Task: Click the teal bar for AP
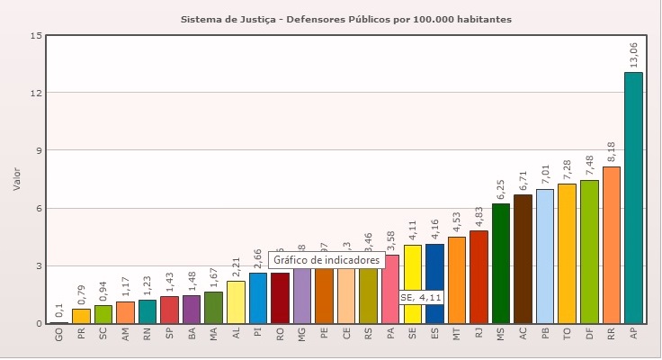[x=633, y=198]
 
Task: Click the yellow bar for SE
[x=413, y=270]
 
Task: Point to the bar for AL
[x=236, y=302]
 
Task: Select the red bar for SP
[x=170, y=310]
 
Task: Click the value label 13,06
[x=635, y=52]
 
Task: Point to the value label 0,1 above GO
[x=60, y=310]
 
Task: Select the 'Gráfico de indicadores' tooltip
[x=314, y=259]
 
